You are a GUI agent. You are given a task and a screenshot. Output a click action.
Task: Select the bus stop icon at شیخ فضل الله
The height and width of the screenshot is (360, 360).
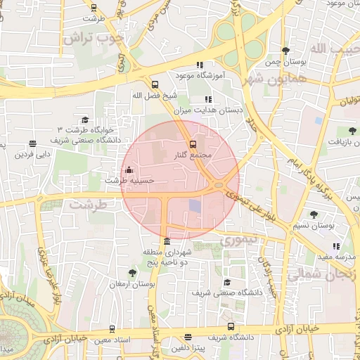[155, 84]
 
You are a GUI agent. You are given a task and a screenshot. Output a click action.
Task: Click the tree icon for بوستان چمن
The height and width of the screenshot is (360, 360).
[285, 51]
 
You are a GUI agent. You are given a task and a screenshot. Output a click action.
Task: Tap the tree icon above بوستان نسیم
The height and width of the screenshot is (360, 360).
[314, 214]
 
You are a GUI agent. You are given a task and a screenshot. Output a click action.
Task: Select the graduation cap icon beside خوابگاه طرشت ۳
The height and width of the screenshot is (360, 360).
[86, 120]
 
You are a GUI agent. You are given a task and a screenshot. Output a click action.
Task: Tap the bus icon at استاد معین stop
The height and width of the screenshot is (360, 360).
[112, 328]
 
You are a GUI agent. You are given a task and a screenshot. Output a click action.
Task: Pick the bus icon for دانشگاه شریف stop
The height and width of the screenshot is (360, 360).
[231, 326]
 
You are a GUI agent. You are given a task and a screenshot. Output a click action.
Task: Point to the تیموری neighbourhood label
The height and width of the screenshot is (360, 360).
[240, 240]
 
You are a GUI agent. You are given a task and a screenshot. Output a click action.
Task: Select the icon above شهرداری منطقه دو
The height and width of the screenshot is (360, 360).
[166, 242]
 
